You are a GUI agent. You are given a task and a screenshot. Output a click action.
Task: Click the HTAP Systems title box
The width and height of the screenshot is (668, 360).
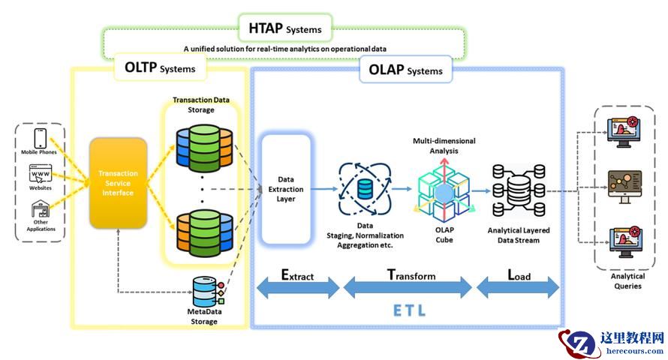coord(284,29)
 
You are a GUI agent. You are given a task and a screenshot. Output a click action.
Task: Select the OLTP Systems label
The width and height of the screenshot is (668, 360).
coord(159,68)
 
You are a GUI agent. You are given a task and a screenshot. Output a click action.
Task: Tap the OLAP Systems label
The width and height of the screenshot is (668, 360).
coord(405,70)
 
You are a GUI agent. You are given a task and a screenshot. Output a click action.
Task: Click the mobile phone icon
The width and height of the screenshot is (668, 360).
coord(41,139)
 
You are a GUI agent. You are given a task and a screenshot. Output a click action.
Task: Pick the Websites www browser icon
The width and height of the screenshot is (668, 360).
coord(41,175)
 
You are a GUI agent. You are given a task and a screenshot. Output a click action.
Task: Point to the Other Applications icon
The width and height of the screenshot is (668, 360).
coord(41,209)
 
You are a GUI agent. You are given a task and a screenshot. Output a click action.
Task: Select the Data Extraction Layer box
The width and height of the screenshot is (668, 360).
coord(285,189)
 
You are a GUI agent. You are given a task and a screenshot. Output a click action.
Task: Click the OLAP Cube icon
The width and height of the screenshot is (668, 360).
coord(444,191)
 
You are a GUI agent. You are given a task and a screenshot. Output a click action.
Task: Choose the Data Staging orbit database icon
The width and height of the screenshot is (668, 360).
coord(364,187)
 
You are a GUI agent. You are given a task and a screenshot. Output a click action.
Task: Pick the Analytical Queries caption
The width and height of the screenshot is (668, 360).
coord(627,280)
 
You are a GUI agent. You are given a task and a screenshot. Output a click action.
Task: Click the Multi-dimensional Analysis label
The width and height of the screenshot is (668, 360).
coord(444,145)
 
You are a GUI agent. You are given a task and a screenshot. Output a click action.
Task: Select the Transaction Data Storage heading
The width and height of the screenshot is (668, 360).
coord(200,105)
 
